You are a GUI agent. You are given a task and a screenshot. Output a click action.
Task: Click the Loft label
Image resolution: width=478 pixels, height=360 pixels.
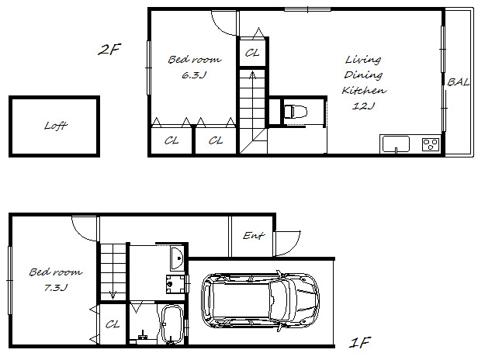56,125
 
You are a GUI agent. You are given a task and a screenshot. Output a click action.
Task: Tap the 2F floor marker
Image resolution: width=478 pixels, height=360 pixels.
109,50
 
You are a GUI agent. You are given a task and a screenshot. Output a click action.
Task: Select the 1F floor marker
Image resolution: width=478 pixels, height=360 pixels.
360,343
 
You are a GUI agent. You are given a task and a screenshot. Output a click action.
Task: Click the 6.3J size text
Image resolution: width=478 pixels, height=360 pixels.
194,75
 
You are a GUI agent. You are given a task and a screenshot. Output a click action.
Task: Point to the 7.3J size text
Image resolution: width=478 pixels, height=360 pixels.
56,287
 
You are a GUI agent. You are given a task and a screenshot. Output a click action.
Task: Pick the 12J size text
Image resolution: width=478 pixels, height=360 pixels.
363,106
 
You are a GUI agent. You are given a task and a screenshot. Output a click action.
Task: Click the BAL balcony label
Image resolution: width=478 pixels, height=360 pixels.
458,82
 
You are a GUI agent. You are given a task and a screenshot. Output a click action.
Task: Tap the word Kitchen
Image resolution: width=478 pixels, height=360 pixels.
364,90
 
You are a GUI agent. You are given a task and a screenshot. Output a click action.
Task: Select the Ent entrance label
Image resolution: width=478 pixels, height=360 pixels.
254,235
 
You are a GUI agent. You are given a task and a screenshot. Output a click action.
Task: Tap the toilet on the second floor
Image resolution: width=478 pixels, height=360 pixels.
296,111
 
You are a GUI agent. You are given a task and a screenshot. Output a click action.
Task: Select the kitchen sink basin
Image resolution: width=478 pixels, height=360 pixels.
396,144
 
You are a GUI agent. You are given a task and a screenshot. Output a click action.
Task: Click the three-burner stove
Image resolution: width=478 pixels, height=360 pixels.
431,144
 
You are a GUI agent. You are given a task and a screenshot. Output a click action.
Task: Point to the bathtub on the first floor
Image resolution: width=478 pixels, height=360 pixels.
171,324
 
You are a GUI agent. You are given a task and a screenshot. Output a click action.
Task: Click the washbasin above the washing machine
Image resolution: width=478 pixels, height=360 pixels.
177,258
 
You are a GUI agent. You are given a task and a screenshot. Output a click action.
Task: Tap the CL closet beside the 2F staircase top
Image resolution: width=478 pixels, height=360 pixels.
252,53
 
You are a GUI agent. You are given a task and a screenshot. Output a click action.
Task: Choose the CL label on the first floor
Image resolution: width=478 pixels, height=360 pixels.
113,324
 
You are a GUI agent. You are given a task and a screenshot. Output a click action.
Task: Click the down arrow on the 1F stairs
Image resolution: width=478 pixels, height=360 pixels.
113,294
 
